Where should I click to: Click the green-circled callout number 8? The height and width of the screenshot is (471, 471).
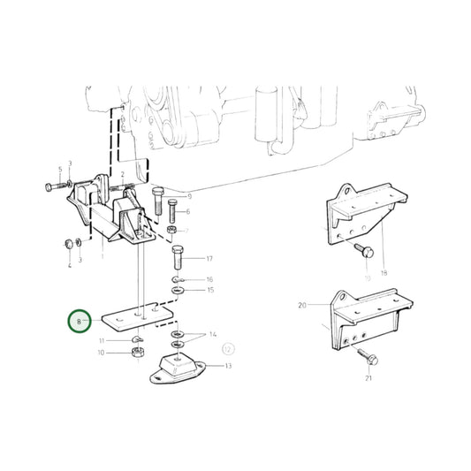(x=79, y=322)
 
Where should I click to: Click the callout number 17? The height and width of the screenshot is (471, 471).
(x=209, y=259)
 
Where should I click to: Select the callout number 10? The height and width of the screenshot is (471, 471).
(x=100, y=353)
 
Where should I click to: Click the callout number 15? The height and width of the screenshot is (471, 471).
(x=209, y=290)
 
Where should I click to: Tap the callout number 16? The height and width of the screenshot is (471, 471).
(x=209, y=279)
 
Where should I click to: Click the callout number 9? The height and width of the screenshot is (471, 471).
(x=188, y=194)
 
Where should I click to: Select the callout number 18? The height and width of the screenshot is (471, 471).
(x=384, y=274)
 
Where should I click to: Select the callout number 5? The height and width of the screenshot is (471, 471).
(x=60, y=169)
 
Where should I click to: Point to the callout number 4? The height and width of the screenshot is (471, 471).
(x=68, y=263)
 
